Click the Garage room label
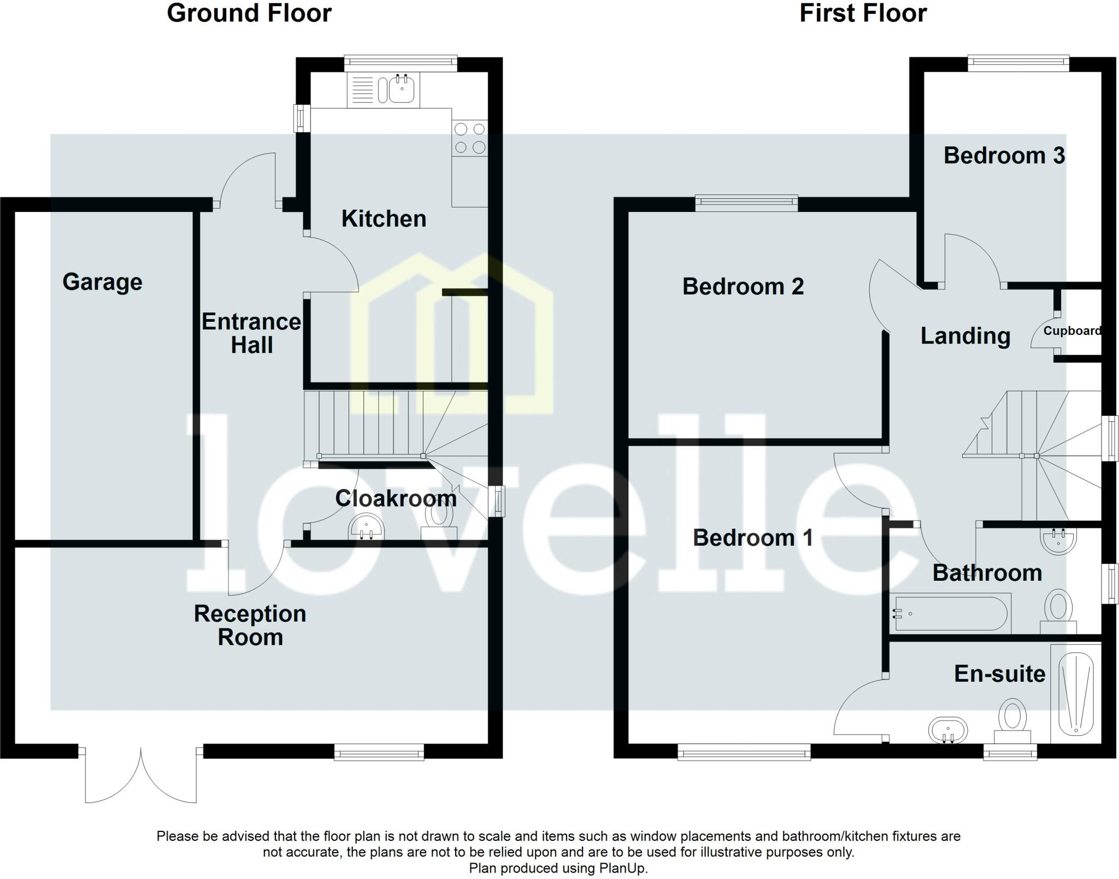tap(102, 282)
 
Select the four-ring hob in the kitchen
tap(470, 138)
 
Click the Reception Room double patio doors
tap(140, 776)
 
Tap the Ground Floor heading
tap(249, 13)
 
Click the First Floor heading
tap(863, 13)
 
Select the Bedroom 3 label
tap(1004, 156)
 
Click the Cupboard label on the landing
tap(1071, 331)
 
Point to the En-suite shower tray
tap(1075, 694)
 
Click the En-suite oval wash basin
tap(947, 730)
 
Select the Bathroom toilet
tap(1058, 611)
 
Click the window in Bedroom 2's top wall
tap(746, 203)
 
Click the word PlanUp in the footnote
tap(622, 868)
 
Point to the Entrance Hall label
tap(251, 333)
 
